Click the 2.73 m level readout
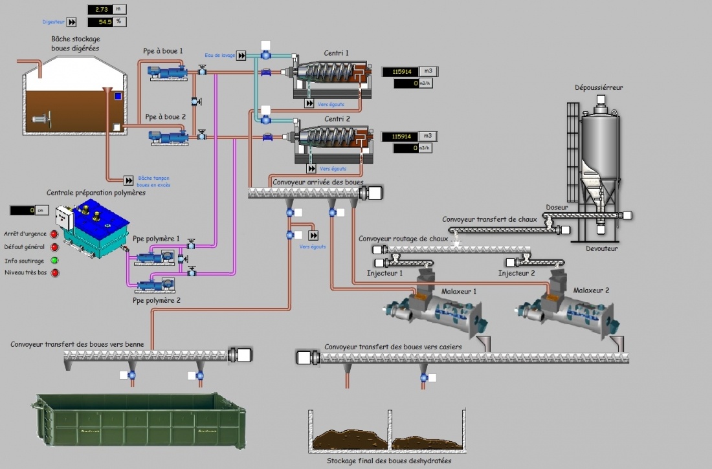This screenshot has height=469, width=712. [x=100, y=10]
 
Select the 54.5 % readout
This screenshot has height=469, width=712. [x=100, y=22]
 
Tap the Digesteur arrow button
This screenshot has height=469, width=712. [x=72, y=22]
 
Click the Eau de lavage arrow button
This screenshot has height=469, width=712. [x=241, y=56]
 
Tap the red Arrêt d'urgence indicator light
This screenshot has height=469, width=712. [x=54, y=234]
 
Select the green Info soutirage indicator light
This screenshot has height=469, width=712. [x=54, y=261]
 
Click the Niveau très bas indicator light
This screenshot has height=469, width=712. [x=54, y=273]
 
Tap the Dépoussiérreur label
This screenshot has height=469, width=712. [x=599, y=87]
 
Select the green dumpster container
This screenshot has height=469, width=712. [x=139, y=421]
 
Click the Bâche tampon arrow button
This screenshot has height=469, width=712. [x=129, y=180]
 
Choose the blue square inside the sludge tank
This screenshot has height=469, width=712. [x=118, y=96]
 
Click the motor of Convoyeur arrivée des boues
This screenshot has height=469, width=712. [x=373, y=193]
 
